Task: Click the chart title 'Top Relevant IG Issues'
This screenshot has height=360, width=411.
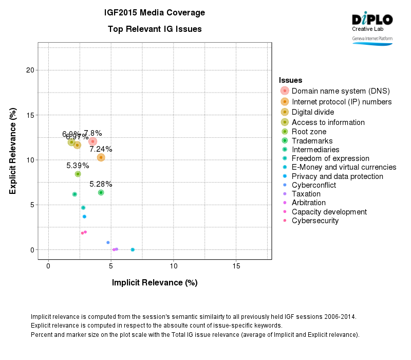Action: tap(155, 29)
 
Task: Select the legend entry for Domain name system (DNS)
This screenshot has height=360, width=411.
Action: tap(340, 91)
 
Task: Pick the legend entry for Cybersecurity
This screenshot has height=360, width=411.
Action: tap(315, 221)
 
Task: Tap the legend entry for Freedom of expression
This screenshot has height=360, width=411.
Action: tap(330, 158)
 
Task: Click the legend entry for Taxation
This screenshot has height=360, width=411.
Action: tap(306, 194)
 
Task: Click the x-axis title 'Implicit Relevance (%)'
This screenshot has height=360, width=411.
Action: tap(155, 282)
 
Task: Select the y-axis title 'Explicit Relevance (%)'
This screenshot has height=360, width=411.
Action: tap(12, 151)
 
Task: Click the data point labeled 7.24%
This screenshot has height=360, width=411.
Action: tap(101, 157)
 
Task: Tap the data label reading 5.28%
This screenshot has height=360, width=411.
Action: tap(101, 184)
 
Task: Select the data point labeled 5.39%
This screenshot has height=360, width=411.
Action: tap(78, 174)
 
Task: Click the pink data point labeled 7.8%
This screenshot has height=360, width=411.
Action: tap(92, 141)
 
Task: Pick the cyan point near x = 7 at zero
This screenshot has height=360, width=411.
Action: tap(133, 249)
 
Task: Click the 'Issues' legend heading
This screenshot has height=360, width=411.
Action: tap(290, 80)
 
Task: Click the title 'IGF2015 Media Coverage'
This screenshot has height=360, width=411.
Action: tap(155, 12)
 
